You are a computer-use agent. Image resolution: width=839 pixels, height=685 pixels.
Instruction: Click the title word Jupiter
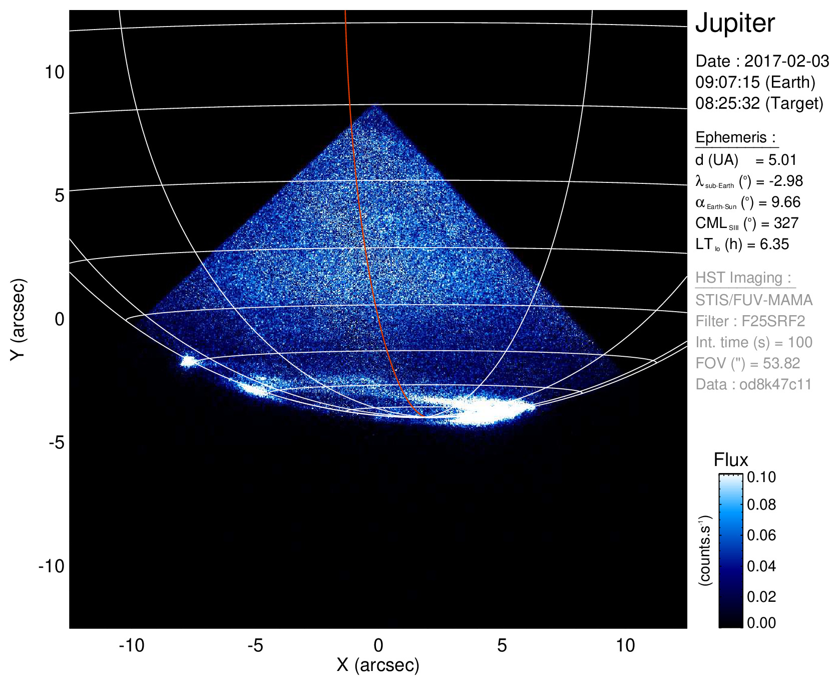[x=735, y=24]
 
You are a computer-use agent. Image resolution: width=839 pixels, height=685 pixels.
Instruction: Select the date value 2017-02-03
[x=786, y=61]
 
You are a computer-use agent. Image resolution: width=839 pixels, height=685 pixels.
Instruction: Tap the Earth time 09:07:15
[x=727, y=82]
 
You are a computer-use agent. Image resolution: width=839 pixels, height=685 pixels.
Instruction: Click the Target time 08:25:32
[x=727, y=103]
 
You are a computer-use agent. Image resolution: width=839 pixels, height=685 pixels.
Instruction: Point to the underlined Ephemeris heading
[x=735, y=137]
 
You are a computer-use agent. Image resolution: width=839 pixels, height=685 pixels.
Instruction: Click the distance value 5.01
[x=782, y=160]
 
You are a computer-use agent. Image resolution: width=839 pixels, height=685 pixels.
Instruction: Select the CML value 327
[x=785, y=223]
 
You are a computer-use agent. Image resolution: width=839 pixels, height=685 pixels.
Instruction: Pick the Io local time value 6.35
[x=774, y=244]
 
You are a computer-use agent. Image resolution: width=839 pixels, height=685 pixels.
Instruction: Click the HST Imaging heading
[x=743, y=278]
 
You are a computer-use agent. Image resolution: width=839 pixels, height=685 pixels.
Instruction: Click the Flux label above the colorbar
[x=731, y=460]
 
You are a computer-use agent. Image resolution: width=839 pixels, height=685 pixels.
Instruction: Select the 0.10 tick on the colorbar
[x=761, y=477]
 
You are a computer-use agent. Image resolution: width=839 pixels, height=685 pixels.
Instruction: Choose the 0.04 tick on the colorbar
[x=761, y=566]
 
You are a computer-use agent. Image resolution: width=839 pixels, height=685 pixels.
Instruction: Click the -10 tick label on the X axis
[x=132, y=645]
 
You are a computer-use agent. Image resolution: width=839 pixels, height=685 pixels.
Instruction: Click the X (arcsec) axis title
[x=378, y=665]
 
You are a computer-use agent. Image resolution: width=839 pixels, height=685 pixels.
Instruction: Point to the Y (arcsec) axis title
[x=18, y=319]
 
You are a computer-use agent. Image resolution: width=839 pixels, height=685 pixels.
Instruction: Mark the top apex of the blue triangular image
[x=376, y=105]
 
